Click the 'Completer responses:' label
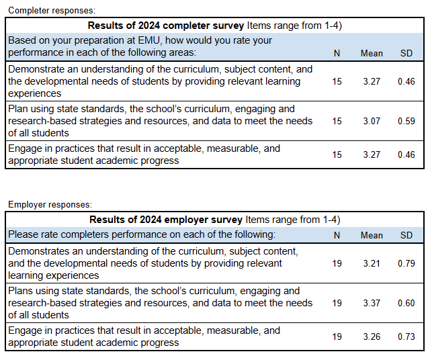[x=51, y=11]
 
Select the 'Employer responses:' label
[x=50, y=204]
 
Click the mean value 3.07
[x=371, y=121]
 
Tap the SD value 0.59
[x=406, y=121]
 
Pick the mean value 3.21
[x=371, y=263]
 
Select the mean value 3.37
[x=371, y=303]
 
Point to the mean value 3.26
[x=371, y=336]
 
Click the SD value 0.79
[x=406, y=263]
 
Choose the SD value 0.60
[x=406, y=303]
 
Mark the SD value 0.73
[x=406, y=336]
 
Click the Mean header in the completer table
[x=372, y=53]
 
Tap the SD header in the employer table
[x=406, y=235]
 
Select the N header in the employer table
[x=337, y=235]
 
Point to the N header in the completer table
[x=337, y=53]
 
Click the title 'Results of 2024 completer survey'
[x=166, y=26]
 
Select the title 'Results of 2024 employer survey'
[x=166, y=220]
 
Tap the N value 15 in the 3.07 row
[x=337, y=121]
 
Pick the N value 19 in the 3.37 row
[x=337, y=303]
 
